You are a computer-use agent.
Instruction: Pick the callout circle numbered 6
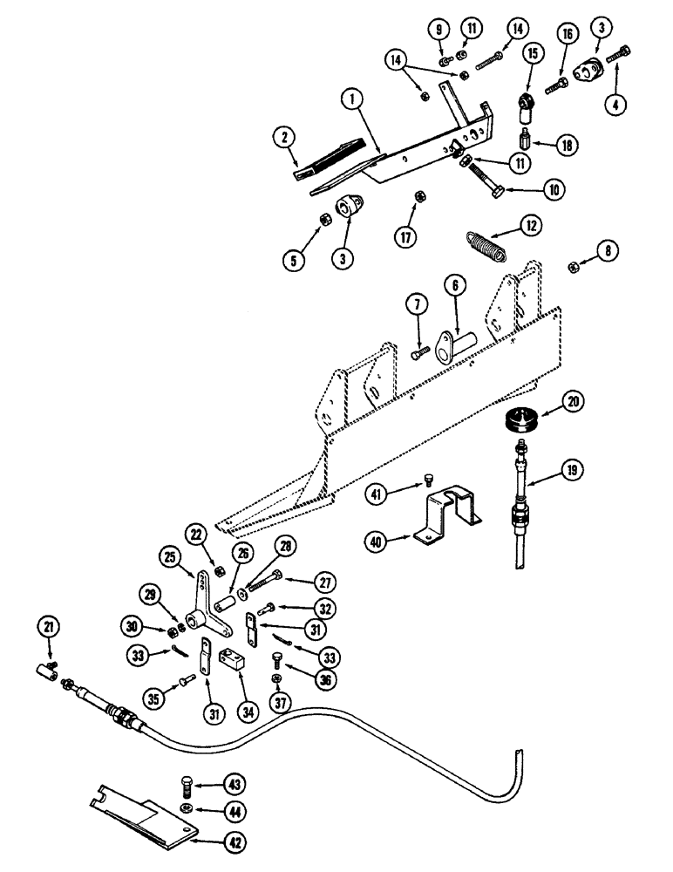[x=454, y=285]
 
